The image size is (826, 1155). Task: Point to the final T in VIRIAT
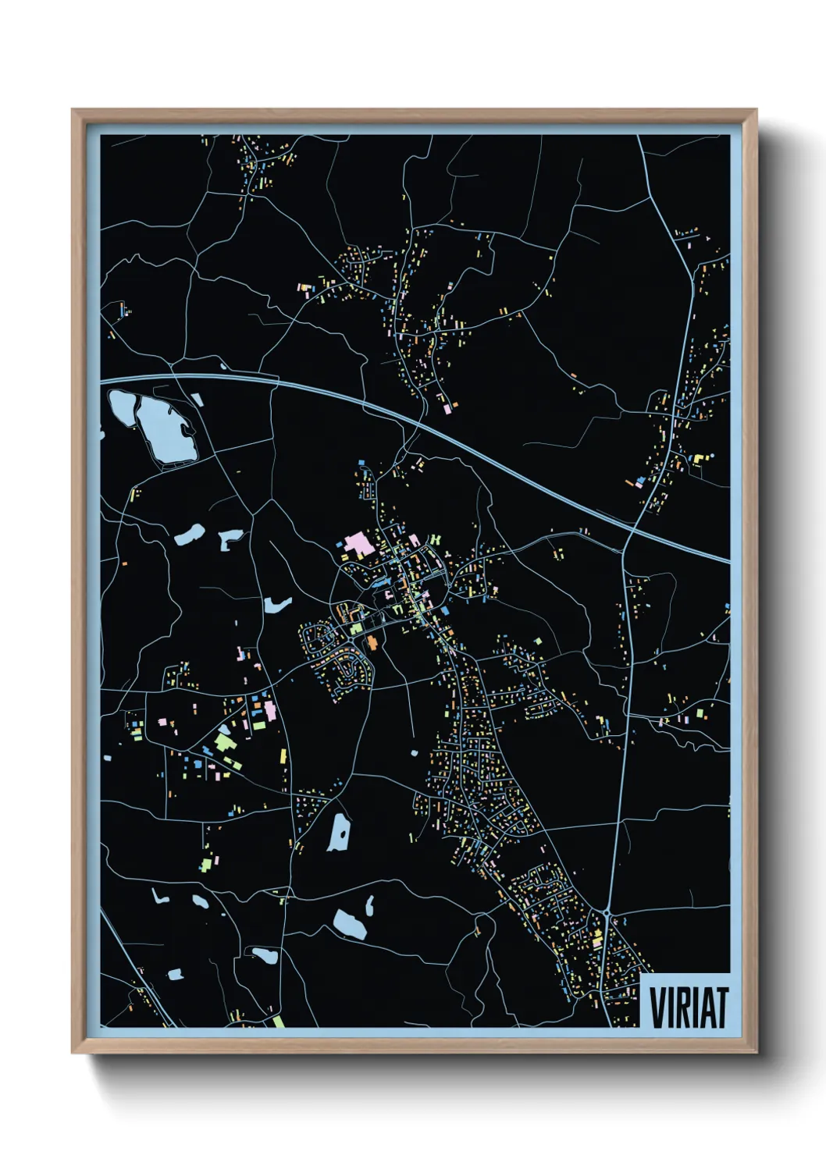pyautogui.click(x=721, y=1008)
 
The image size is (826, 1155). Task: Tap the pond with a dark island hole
pyautogui.click(x=230, y=538)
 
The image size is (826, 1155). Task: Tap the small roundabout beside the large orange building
pyautogui.click(x=360, y=634)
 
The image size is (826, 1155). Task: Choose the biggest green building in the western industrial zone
pyautogui.click(x=224, y=741)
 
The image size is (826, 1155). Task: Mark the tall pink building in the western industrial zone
pyautogui.click(x=270, y=710)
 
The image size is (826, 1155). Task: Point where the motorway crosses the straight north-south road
pyautogui.click(x=631, y=531)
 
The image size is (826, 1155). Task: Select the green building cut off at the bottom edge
pyautogui.click(x=277, y=1021)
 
